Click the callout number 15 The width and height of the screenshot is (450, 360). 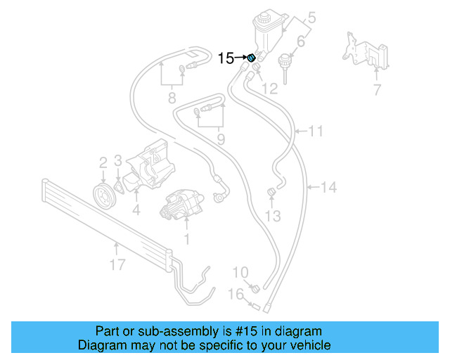[225, 58]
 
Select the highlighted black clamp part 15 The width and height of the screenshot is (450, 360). [250, 58]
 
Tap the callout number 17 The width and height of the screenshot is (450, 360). [117, 264]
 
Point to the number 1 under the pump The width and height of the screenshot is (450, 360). [186, 239]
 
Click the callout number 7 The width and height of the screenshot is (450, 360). [377, 90]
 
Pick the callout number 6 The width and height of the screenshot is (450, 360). [300, 42]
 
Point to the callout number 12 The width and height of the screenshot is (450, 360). [270, 89]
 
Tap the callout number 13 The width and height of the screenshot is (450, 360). [273, 215]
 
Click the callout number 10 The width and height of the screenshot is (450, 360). [240, 272]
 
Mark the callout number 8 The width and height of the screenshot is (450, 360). [171, 98]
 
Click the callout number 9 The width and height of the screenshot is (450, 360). [220, 139]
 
